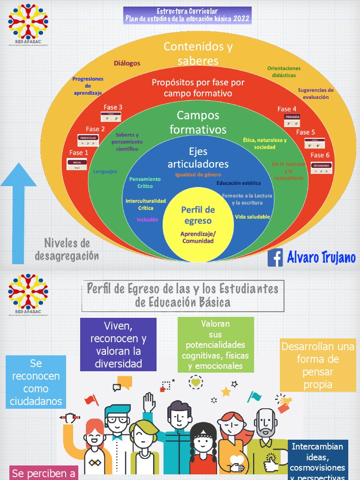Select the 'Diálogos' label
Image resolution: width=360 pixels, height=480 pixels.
pyautogui.click(x=127, y=64)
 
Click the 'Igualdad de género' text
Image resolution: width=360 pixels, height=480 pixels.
pyautogui.click(x=198, y=175)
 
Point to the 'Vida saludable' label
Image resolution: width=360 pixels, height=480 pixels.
pyautogui.click(x=252, y=217)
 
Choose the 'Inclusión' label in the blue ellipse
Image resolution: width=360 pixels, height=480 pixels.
pyautogui.click(x=148, y=220)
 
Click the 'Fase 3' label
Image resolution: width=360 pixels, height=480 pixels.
pyautogui.click(x=113, y=108)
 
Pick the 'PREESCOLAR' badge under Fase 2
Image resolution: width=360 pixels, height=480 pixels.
pyautogui.click(x=88, y=138)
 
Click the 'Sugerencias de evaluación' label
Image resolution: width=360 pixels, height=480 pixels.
pyautogui.click(x=315, y=94)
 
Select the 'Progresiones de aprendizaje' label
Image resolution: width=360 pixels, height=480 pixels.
pyautogui.click(x=88, y=86)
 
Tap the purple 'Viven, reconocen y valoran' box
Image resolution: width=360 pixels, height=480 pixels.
pyautogui.click(x=118, y=345)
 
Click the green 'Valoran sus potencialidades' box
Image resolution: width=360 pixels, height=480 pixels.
pyautogui.click(x=216, y=345)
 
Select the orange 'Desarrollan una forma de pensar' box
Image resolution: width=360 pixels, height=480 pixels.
pyautogui.click(x=317, y=366)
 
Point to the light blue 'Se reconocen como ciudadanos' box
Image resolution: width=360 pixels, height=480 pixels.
pyautogui.click(x=36, y=382)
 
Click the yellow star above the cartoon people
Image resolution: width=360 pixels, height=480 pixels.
pyautogui.click(x=226, y=391)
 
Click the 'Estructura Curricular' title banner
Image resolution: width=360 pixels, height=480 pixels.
pyautogui.click(x=187, y=16)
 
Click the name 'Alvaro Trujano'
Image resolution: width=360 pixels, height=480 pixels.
pyautogui.click(x=321, y=258)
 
